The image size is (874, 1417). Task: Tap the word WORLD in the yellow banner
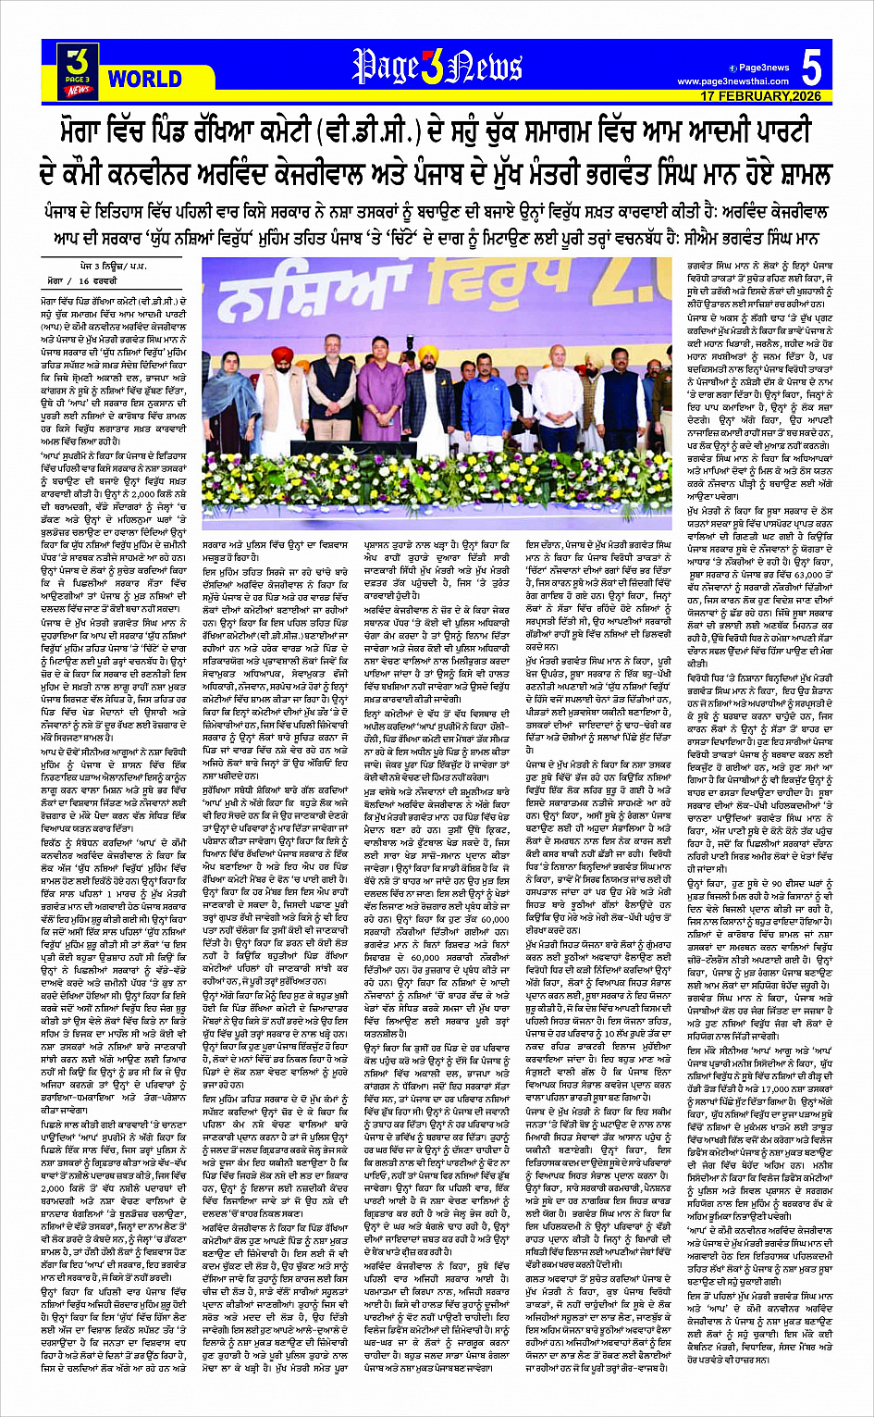[145, 80]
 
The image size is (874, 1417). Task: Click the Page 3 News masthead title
[437, 68]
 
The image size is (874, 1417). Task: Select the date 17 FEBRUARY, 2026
[760, 96]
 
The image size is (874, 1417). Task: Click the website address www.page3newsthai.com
[735, 81]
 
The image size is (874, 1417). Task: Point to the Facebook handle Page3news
[758, 68]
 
